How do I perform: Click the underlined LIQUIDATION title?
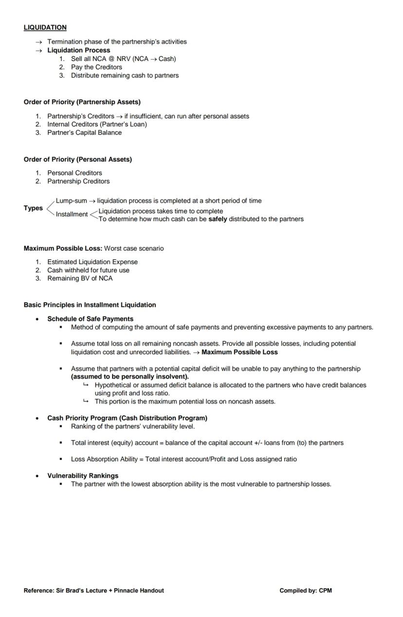click(x=45, y=27)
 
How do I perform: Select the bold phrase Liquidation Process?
click(x=78, y=50)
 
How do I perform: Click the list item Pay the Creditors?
click(x=96, y=67)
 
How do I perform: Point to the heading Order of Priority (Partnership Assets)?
click(x=82, y=102)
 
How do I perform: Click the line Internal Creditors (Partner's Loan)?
click(x=97, y=124)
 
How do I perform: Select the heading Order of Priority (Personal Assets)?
click(x=77, y=159)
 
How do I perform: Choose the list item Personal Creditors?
click(x=74, y=173)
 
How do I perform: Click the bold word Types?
click(x=33, y=208)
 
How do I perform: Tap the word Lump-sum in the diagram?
click(x=71, y=201)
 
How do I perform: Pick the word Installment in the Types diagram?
click(x=72, y=214)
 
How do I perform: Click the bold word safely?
click(x=218, y=219)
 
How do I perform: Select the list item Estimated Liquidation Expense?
click(x=92, y=262)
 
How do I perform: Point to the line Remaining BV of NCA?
click(x=79, y=279)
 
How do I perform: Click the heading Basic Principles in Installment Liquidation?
click(x=90, y=305)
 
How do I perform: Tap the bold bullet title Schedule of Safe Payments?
click(x=90, y=319)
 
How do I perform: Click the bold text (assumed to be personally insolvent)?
click(x=129, y=377)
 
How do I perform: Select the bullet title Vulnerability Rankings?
click(x=83, y=476)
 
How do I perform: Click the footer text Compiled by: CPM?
click(x=305, y=591)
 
